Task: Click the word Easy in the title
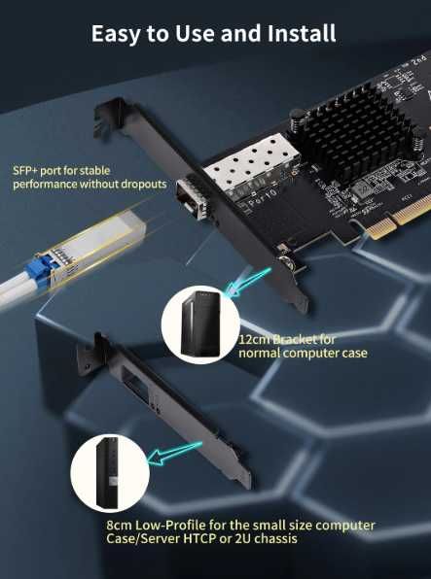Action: click(x=114, y=33)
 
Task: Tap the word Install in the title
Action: click(x=303, y=33)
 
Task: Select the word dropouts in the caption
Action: click(x=143, y=184)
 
